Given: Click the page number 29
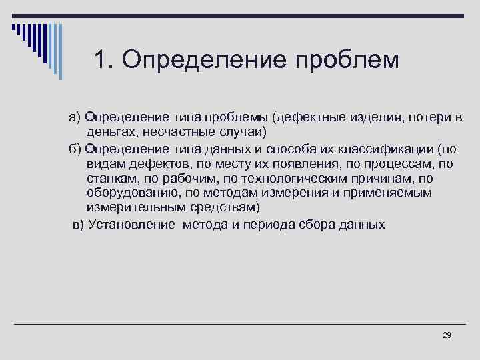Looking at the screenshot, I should coord(447,335).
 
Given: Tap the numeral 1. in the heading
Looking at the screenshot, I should coord(105,60).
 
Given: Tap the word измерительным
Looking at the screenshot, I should coord(128,207).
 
